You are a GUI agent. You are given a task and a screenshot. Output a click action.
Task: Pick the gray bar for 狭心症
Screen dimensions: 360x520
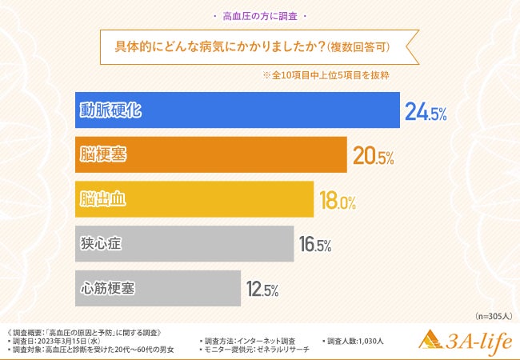coord(185,244)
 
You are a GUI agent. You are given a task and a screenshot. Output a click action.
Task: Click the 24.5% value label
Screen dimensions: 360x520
coord(425,113)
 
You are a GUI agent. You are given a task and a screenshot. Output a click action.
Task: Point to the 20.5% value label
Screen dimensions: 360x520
coord(373,158)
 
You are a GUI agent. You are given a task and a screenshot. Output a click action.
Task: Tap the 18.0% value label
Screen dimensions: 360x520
coord(337,202)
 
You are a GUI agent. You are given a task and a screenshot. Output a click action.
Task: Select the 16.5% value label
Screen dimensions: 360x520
coord(314,246)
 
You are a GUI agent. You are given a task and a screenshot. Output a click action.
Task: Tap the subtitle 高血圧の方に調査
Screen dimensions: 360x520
coord(260,16)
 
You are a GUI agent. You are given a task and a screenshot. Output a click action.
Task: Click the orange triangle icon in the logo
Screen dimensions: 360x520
coord(433,341)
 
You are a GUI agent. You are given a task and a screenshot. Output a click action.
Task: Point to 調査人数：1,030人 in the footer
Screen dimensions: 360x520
coord(355,341)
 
